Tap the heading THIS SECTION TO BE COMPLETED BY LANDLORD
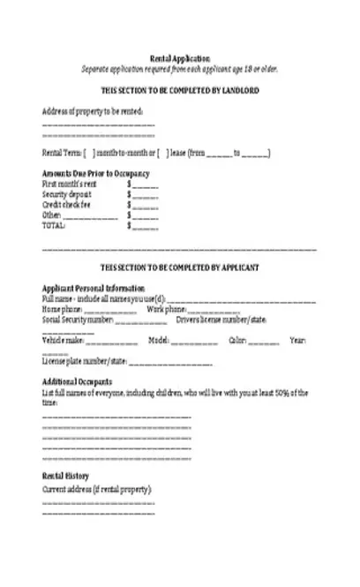(x=180, y=90)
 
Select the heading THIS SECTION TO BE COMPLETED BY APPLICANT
(x=180, y=267)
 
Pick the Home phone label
(x=63, y=309)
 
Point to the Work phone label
(x=165, y=309)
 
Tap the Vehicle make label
(x=63, y=340)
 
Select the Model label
(x=159, y=340)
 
